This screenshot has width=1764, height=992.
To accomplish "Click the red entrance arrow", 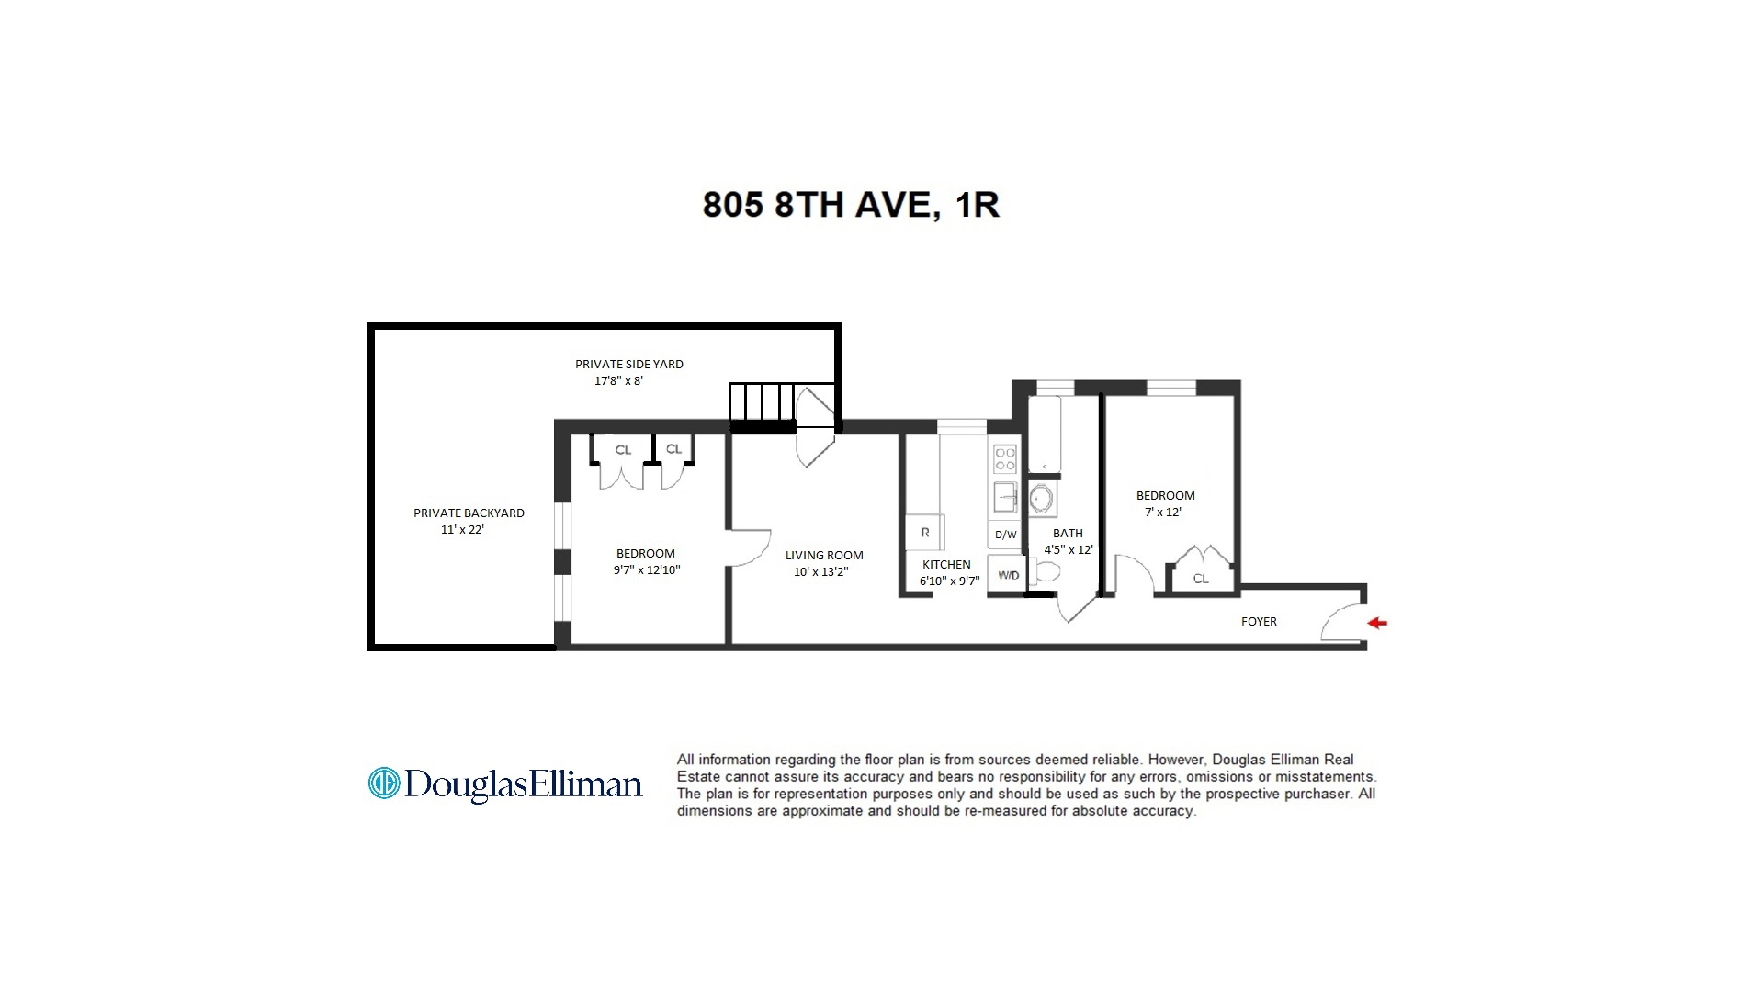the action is pyautogui.click(x=1377, y=623).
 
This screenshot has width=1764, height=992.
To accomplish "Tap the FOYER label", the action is pyautogui.click(x=1259, y=622).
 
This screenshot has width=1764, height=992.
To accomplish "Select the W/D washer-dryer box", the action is pyautogui.click(x=1008, y=575).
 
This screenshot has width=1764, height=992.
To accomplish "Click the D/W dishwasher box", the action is pyautogui.click(x=1006, y=535).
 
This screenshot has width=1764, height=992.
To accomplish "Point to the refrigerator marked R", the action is pyautogui.click(x=925, y=532).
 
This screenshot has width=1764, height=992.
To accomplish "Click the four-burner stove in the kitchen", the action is pyautogui.click(x=1005, y=458).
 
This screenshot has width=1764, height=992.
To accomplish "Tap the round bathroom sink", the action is pyautogui.click(x=1042, y=500).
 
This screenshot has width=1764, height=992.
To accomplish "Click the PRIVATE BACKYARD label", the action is pyautogui.click(x=469, y=513).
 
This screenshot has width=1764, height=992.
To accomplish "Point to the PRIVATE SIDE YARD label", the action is pyautogui.click(x=629, y=365).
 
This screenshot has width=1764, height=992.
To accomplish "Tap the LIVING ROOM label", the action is pyautogui.click(x=824, y=556).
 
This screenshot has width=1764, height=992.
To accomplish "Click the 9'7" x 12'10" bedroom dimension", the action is pyautogui.click(x=647, y=570).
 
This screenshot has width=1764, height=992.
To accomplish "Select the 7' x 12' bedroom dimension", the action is pyautogui.click(x=1163, y=513).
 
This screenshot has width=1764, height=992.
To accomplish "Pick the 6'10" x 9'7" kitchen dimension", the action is pyautogui.click(x=949, y=581).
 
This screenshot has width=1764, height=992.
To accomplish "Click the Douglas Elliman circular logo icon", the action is pyautogui.click(x=383, y=783).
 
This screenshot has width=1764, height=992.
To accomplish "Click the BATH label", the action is pyautogui.click(x=1068, y=534).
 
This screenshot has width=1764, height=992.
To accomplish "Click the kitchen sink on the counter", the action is pyautogui.click(x=1005, y=497).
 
